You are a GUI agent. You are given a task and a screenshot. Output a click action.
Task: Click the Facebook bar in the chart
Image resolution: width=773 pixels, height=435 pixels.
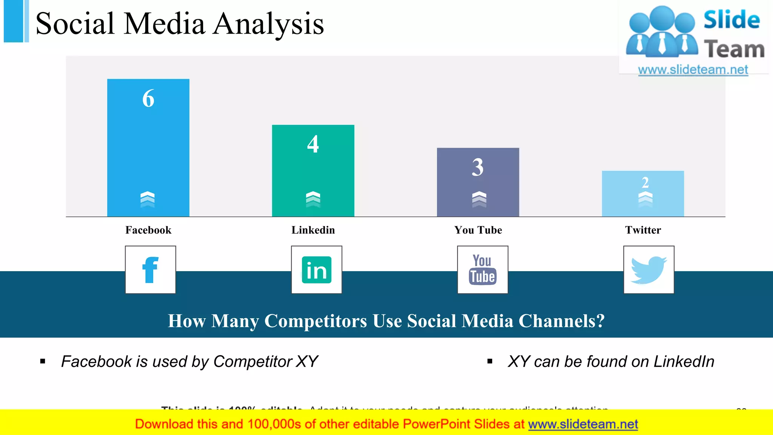click(148, 151)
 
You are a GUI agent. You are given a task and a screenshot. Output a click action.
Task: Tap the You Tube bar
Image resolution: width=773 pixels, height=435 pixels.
click(478, 185)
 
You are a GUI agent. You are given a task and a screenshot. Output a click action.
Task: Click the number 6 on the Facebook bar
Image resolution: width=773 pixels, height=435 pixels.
click(148, 99)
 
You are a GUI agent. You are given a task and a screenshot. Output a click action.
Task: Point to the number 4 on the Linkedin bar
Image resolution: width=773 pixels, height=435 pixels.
click(313, 144)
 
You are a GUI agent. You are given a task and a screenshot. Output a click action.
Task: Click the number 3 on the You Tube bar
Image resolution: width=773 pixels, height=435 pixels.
click(478, 167)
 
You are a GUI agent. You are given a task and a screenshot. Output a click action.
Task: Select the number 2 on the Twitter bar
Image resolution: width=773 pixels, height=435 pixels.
click(645, 183)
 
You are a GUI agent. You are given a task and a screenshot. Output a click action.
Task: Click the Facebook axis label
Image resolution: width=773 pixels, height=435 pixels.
click(148, 230)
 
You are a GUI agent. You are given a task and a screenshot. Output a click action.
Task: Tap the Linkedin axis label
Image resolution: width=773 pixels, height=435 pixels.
click(313, 230)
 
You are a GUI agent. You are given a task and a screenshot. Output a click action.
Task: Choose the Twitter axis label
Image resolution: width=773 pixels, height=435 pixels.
click(643, 230)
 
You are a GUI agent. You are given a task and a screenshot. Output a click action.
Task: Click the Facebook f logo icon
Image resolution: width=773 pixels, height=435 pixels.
click(150, 270)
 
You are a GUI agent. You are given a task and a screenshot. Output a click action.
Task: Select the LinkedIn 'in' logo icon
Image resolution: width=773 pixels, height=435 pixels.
click(316, 270)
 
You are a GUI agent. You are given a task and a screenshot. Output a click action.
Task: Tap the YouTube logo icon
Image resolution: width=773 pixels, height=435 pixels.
click(482, 270)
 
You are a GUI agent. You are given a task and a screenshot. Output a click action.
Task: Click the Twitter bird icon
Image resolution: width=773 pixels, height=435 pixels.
click(648, 270)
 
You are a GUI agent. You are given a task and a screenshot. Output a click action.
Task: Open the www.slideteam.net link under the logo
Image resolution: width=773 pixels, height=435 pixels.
click(693, 70)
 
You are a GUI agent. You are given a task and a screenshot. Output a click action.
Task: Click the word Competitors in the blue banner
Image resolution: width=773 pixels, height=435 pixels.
click(316, 321)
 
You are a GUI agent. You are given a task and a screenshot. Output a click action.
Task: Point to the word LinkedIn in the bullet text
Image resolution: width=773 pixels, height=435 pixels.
click(684, 362)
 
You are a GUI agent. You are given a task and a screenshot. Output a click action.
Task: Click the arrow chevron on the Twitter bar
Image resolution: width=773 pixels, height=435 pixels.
click(645, 198)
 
